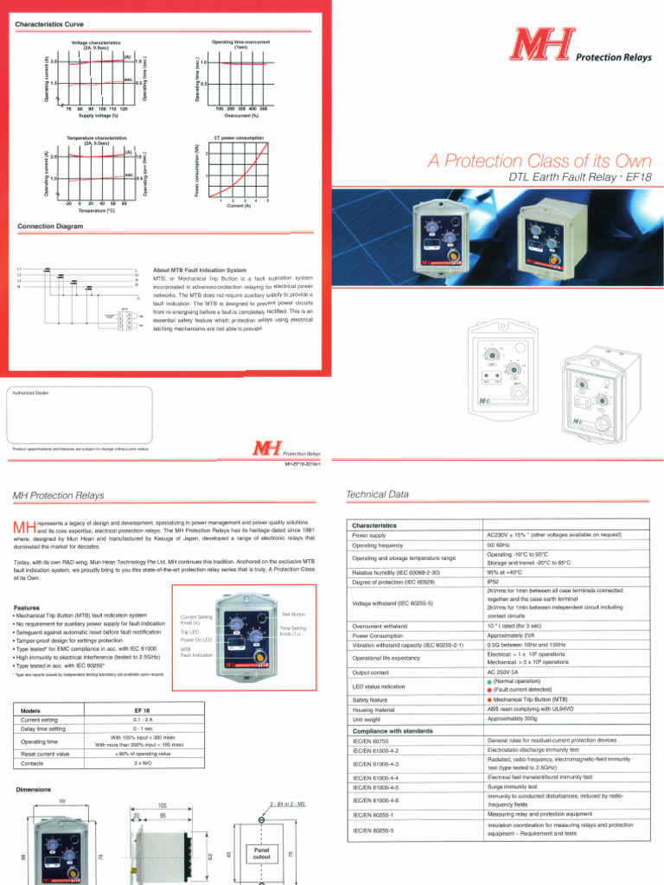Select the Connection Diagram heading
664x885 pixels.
(50, 226)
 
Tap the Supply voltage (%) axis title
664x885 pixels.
(98, 115)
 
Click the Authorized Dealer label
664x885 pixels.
(29, 392)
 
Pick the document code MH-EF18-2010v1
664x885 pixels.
(303, 464)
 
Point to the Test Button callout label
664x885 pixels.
(293, 614)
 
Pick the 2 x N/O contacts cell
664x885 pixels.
(144, 763)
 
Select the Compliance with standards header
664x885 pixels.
(395, 731)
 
